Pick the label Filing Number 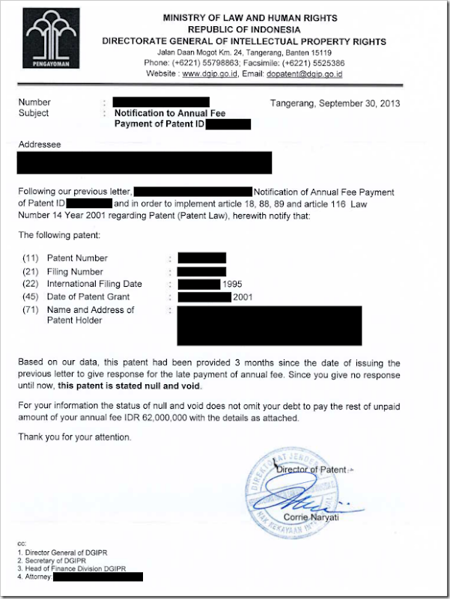click(x=75, y=272)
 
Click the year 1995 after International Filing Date click(x=233, y=285)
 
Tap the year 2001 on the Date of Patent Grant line click(x=242, y=297)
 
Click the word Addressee click(x=40, y=143)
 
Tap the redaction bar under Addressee click(x=145, y=162)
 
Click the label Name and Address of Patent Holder click(x=90, y=315)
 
